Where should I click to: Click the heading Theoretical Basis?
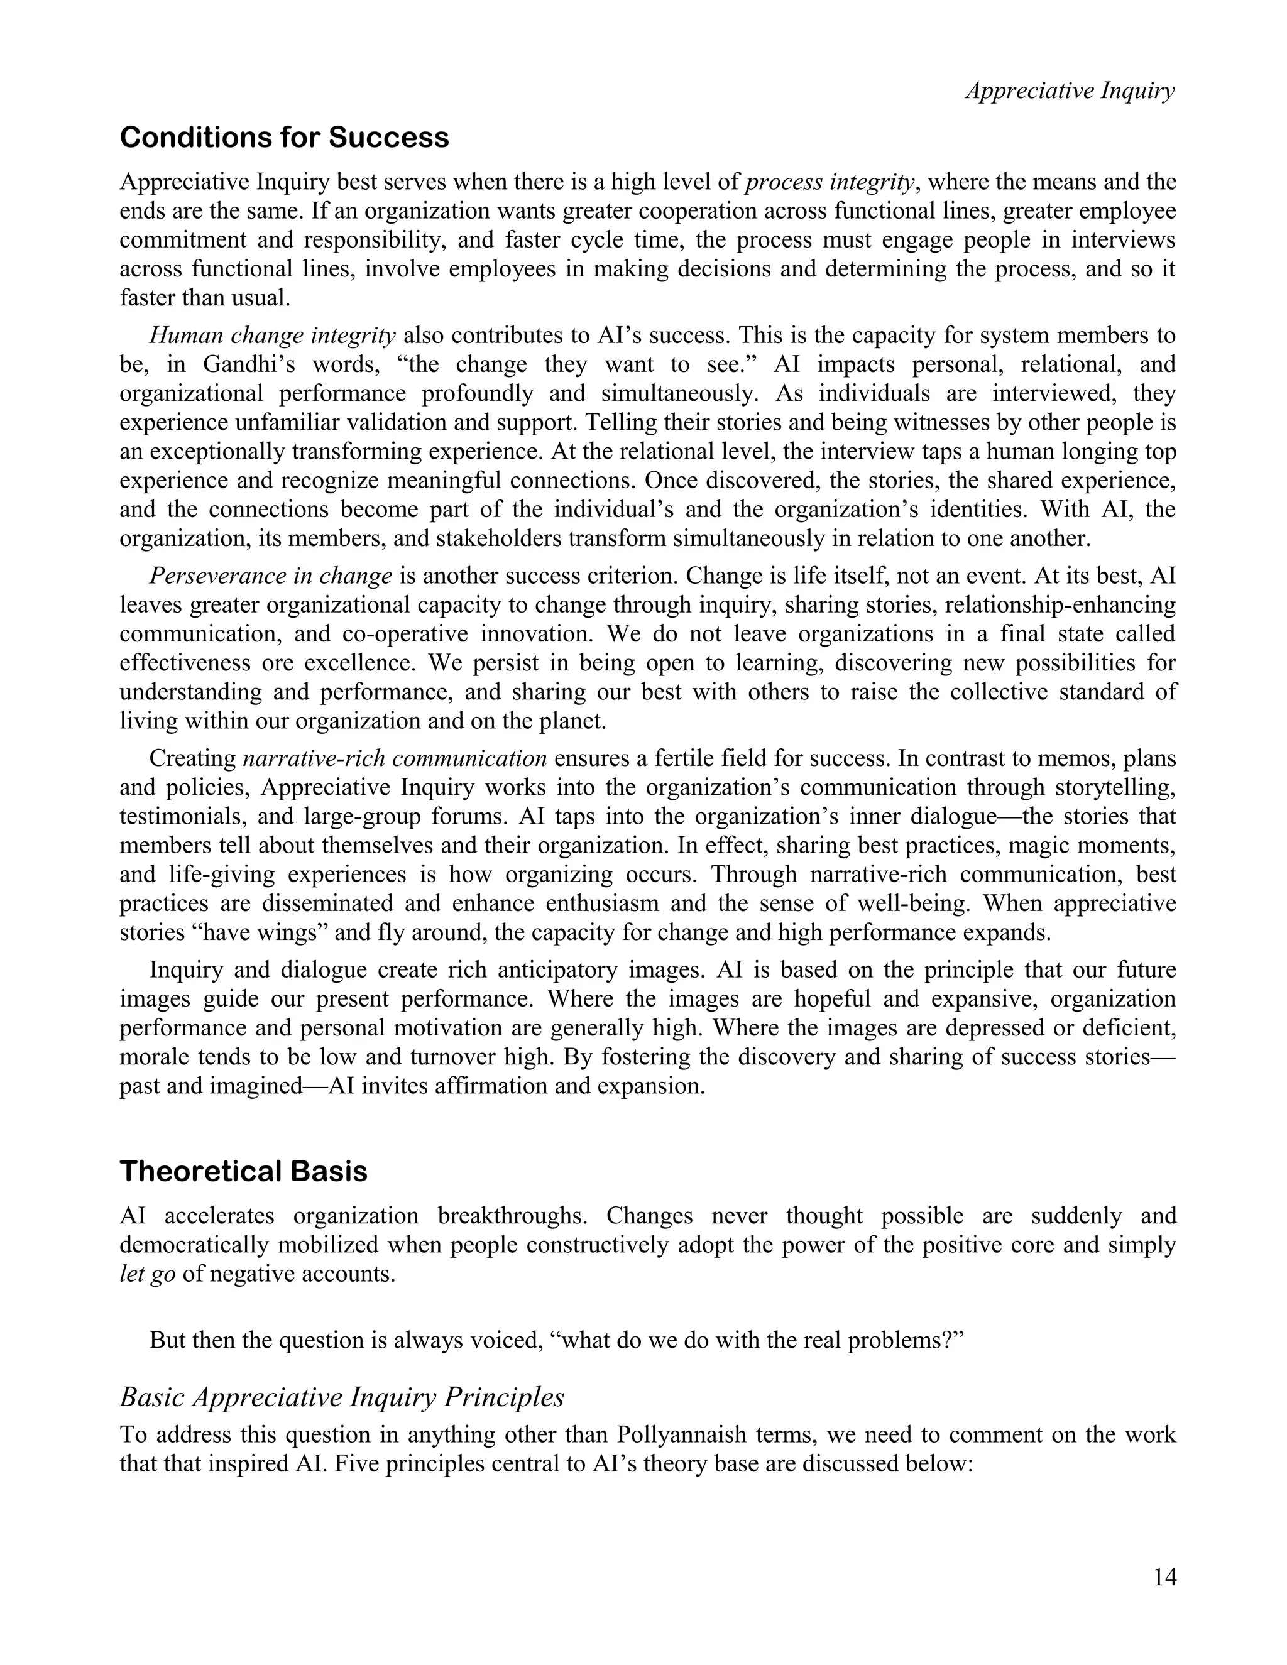pos(243,1171)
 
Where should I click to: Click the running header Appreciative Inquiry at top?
pos(1070,90)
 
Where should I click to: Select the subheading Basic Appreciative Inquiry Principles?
pos(342,1397)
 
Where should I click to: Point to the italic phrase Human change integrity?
pos(272,336)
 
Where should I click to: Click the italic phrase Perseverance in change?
pos(271,576)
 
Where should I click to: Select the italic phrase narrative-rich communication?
pos(395,758)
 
